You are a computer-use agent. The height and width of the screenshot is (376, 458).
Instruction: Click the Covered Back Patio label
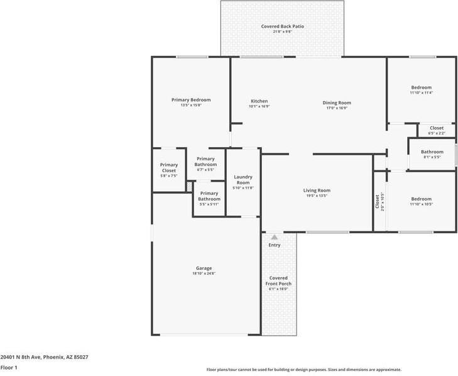(x=282, y=26)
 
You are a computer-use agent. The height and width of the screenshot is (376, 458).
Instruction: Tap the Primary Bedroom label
(x=191, y=100)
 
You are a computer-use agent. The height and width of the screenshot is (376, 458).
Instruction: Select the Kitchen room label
(x=259, y=101)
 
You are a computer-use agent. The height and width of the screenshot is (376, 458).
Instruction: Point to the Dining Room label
(x=337, y=102)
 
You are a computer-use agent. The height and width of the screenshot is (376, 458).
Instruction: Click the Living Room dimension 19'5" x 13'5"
(x=317, y=196)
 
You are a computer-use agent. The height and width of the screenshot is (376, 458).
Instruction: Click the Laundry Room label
(x=243, y=180)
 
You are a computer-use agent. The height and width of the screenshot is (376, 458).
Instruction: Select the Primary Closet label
(x=169, y=168)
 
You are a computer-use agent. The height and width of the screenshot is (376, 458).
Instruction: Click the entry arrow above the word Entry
(x=274, y=238)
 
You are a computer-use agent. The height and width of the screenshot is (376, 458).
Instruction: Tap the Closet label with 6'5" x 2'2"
(x=436, y=128)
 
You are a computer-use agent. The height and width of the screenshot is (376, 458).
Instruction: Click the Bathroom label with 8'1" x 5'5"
(x=432, y=152)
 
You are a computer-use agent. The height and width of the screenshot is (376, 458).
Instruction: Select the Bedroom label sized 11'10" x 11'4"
(x=421, y=87)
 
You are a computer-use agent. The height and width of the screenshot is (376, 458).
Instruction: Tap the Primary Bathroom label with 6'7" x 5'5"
(x=205, y=162)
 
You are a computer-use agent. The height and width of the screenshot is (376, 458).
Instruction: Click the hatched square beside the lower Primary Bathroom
(x=188, y=187)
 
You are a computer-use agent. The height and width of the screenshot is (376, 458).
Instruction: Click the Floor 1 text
(x=9, y=367)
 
